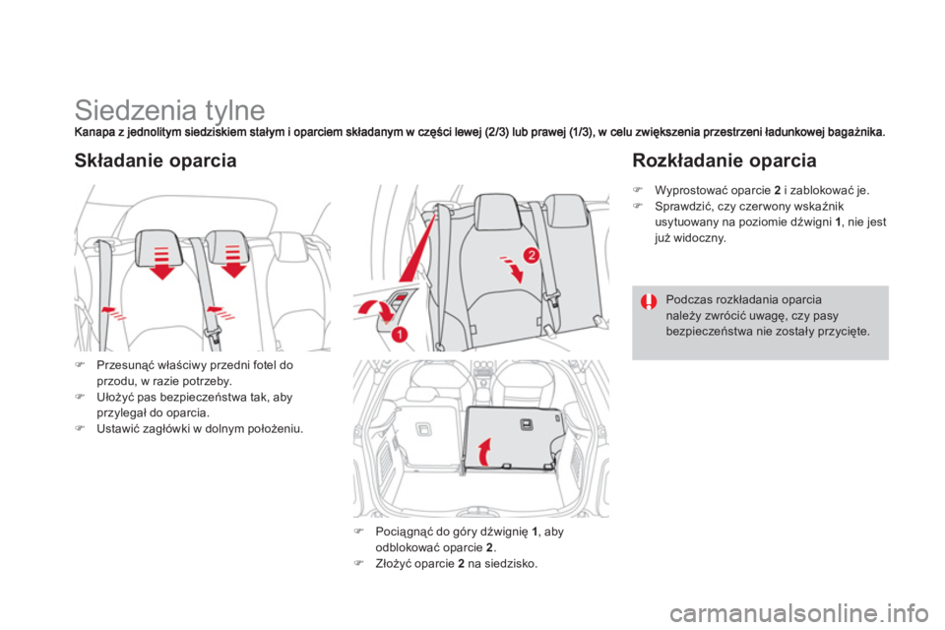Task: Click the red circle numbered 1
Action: coord(401,334)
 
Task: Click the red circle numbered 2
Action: coord(531,255)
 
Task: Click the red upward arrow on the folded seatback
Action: coord(484,455)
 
